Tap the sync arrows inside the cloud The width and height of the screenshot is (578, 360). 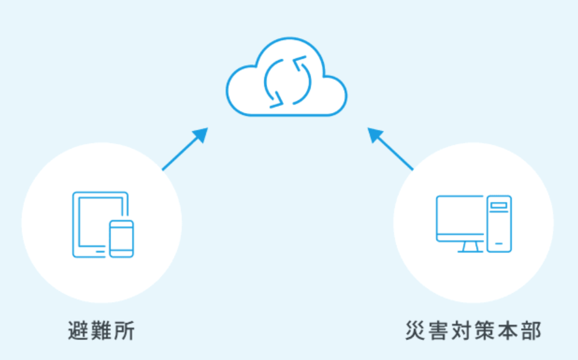(x=286, y=80)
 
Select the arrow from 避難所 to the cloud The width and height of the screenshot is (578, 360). (x=184, y=149)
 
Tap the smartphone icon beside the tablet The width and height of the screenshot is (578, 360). (x=121, y=238)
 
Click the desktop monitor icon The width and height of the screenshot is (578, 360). (x=460, y=218)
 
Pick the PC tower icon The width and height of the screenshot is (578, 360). (x=499, y=223)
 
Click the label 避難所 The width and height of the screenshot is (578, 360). (x=101, y=331)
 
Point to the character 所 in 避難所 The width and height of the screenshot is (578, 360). (x=124, y=331)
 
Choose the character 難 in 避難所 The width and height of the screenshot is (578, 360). (x=101, y=331)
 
